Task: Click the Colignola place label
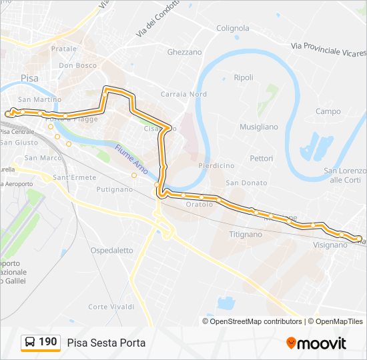click(x=233, y=28)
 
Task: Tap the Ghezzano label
click(x=184, y=52)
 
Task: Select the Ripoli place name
click(x=244, y=77)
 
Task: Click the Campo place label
click(x=328, y=111)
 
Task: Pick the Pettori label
click(x=262, y=159)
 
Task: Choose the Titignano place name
click(x=246, y=235)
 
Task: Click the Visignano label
click(x=330, y=245)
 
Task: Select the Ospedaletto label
click(x=111, y=251)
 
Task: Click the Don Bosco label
click(x=78, y=65)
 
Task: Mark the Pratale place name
click(x=64, y=49)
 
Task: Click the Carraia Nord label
click(x=183, y=94)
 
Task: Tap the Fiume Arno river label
click(x=130, y=158)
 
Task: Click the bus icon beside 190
click(x=29, y=343)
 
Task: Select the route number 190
click(x=47, y=342)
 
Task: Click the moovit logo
click(x=316, y=343)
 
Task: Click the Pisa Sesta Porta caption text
click(x=106, y=343)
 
